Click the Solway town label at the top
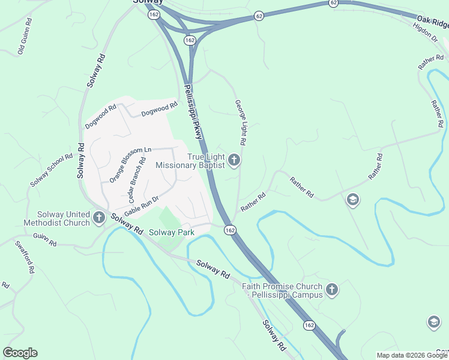[x=147, y=3]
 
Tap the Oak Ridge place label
[x=431, y=25]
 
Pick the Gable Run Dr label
[x=141, y=206]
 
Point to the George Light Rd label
[x=241, y=123]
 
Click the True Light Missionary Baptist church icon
[x=234, y=160]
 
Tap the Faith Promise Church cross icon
[x=331, y=291]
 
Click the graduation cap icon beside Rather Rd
[x=353, y=199]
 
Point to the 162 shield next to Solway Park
[x=229, y=230]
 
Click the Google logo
[x=20, y=353]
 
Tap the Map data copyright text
[x=412, y=355]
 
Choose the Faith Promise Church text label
[x=282, y=291]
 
